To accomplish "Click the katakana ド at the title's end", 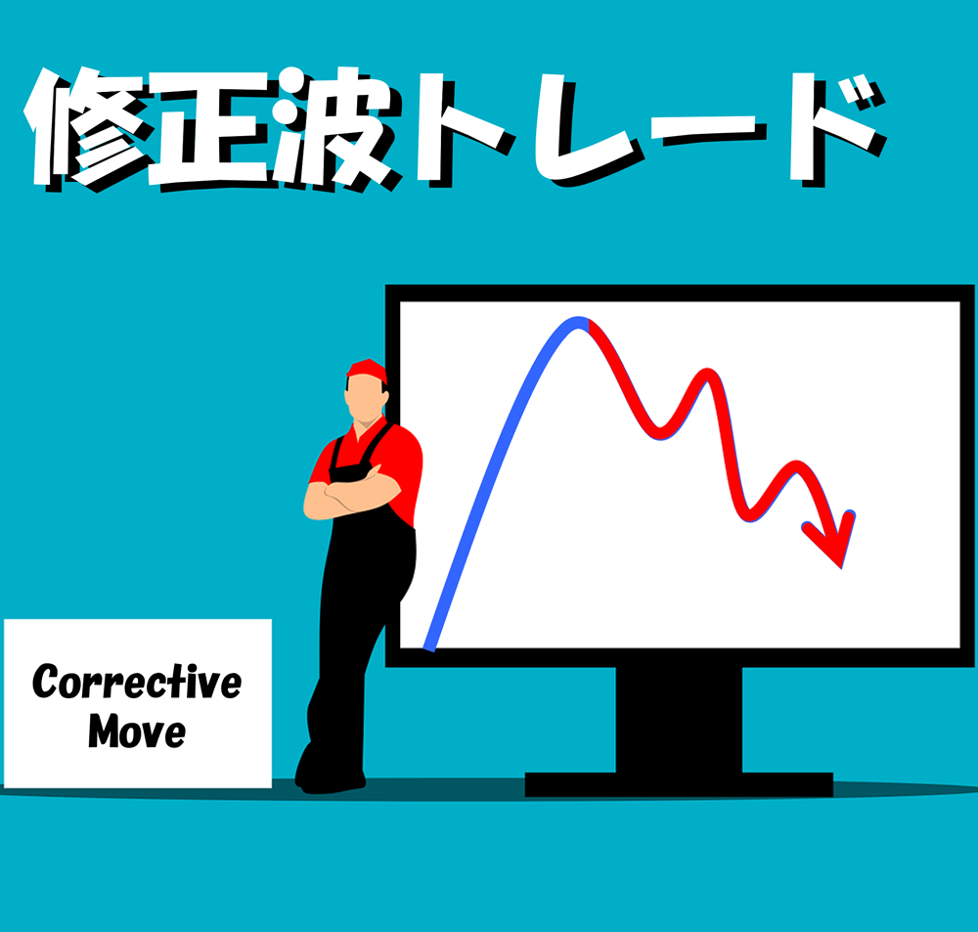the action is [837, 128].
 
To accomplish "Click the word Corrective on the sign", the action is [137, 682].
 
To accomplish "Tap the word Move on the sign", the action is [137, 732].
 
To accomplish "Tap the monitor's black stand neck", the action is [679, 720].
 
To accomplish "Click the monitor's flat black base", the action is [679, 784].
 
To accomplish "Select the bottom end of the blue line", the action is [429, 647].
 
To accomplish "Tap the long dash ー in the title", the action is [708, 130].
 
